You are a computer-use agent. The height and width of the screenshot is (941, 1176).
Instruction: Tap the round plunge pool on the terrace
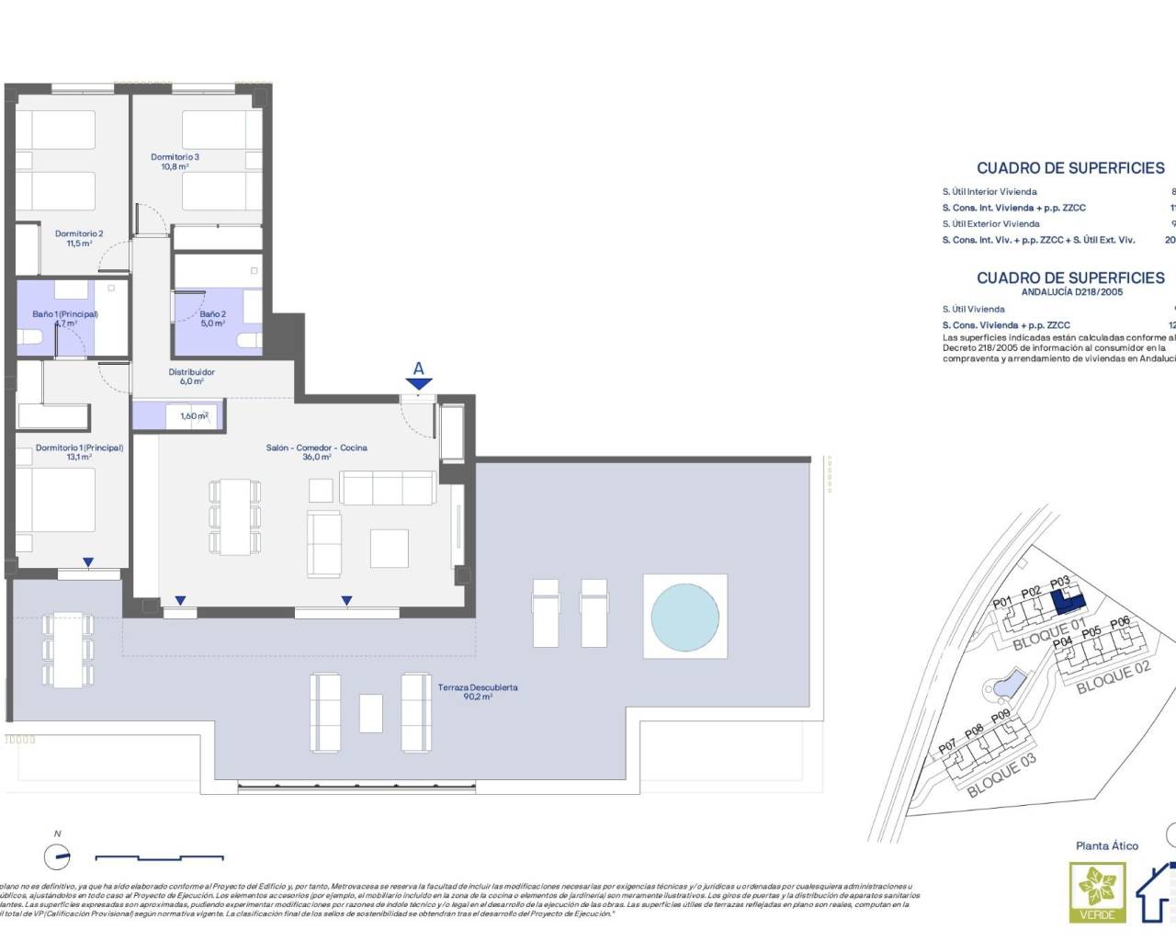685,617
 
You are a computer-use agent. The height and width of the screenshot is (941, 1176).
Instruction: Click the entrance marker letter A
418,369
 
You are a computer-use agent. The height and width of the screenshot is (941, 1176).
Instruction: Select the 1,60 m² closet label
194,416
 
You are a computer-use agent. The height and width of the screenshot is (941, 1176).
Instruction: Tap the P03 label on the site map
1059,583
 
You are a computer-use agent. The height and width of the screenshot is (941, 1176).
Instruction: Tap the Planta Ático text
1106,845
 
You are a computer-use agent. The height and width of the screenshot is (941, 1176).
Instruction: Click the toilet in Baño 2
247,341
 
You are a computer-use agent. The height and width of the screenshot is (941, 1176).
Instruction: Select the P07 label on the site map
947,747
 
